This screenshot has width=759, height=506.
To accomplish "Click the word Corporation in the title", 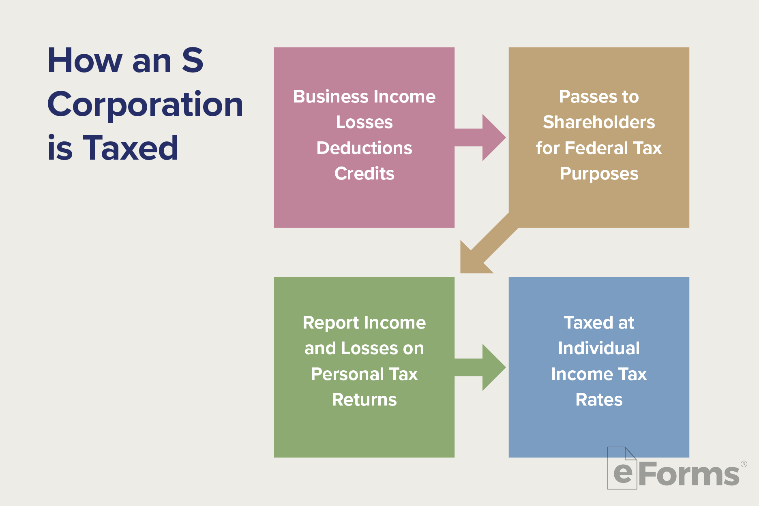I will tap(145, 105).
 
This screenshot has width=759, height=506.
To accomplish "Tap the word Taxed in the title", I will tap(130, 148).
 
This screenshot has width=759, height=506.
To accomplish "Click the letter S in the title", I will tap(192, 61).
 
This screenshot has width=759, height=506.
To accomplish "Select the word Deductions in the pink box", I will tap(364, 148).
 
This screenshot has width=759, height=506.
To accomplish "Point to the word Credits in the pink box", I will tap(364, 173).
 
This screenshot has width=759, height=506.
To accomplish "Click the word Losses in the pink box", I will tap(364, 122).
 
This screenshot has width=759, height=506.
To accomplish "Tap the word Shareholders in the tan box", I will tap(599, 122).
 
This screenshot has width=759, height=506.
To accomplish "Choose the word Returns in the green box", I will tap(364, 400).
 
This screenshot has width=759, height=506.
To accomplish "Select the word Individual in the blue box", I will tap(599, 348).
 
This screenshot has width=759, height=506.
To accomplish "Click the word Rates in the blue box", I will tap(599, 400).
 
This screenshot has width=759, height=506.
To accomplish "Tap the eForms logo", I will tap(675, 472).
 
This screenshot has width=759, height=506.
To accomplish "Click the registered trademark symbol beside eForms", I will tap(744, 464).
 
